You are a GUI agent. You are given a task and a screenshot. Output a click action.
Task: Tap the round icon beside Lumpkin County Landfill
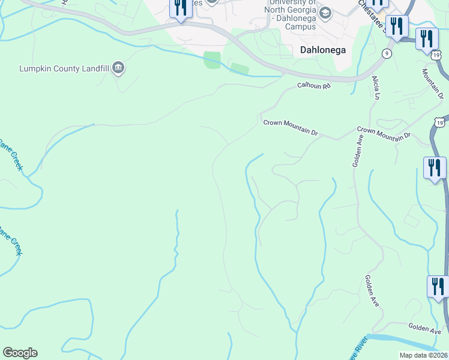click(x=118, y=68)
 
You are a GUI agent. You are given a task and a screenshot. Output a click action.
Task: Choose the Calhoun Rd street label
click(x=315, y=86)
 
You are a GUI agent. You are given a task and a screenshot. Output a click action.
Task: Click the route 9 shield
click(x=387, y=54)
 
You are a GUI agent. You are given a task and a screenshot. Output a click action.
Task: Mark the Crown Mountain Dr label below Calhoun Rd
click(x=290, y=127)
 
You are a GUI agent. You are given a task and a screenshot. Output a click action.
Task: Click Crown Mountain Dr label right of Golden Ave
click(x=384, y=133)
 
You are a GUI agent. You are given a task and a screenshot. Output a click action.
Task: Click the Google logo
click(x=20, y=353)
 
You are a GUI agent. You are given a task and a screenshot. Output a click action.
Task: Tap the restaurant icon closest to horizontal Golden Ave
click(x=438, y=286)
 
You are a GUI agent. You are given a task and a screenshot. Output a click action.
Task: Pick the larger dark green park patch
click(x=212, y=60)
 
